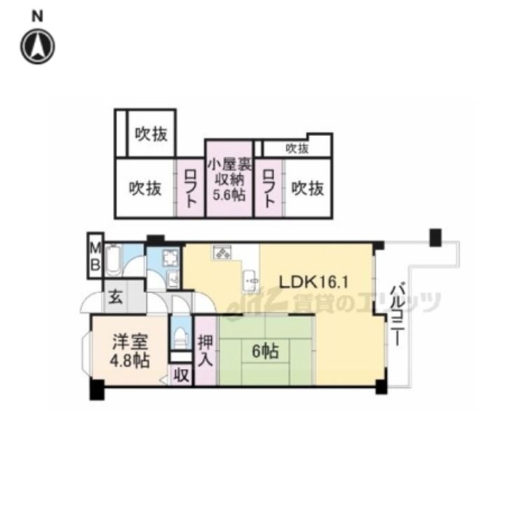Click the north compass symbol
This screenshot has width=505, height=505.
pyautogui.click(x=38, y=46)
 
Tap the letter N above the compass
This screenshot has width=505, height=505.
pyautogui.click(x=37, y=16)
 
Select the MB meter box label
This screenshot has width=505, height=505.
pyautogui.click(x=95, y=256)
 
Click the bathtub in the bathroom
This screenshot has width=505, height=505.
pyautogui.click(x=114, y=260)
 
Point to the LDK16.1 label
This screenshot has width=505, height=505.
pyautogui.click(x=314, y=283)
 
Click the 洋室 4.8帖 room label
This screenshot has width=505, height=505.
pyautogui.click(x=130, y=351)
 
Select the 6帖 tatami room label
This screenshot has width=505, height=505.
pyautogui.click(x=265, y=351)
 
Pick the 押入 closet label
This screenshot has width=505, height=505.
pyautogui.click(x=206, y=351)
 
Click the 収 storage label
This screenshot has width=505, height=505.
pyautogui.click(x=182, y=375)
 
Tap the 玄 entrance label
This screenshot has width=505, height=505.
pyautogui.click(x=115, y=297)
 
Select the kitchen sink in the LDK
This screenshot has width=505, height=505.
pyautogui.click(x=250, y=281)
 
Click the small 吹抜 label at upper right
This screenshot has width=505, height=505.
pyautogui.click(x=297, y=149)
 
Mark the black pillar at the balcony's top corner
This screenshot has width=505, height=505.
pyautogui.click(x=436, y=237)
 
